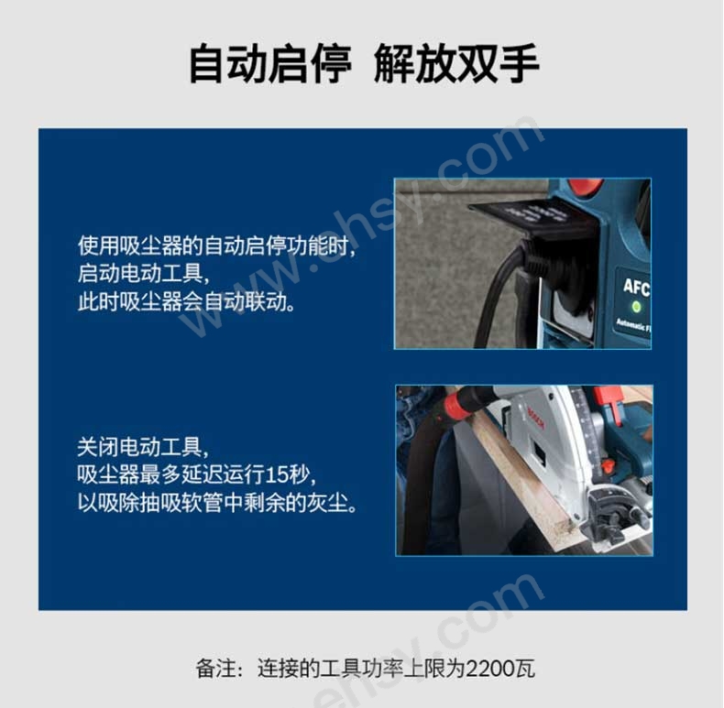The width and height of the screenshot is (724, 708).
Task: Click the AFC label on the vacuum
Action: [637, 287]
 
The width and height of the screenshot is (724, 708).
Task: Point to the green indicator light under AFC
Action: [636, 306]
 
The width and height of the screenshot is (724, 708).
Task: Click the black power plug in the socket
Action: [535, 258]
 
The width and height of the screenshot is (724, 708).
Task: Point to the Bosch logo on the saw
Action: [536, 419]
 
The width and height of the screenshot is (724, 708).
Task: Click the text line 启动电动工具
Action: [144, 274]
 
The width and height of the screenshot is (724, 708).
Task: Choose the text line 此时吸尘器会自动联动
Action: [186, 302]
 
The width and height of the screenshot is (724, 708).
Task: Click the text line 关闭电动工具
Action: [144, 447]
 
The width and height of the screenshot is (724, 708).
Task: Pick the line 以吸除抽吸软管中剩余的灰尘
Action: [217, 503]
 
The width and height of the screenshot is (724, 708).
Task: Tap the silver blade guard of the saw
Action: [559, 443]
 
